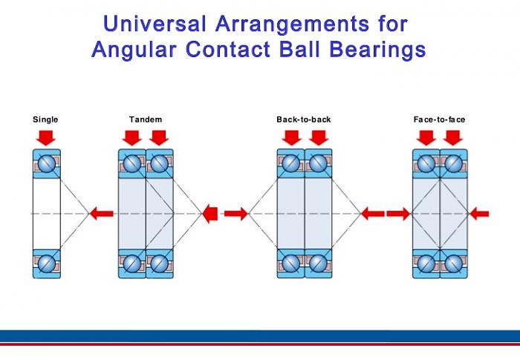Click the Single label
45,120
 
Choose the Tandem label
146,120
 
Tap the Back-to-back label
304,120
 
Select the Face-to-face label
440,120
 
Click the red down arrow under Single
46,137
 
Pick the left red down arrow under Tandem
132,137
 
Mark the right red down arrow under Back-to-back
318,137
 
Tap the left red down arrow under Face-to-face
426,137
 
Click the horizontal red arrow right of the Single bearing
102,214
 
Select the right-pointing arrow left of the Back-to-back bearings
235,214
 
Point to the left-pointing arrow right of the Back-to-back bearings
372,214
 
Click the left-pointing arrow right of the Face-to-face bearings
479,214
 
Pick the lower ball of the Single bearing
46,263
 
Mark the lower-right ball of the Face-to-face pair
453,263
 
